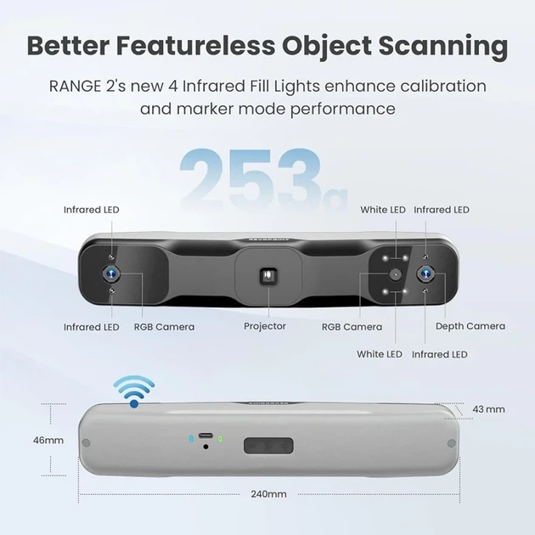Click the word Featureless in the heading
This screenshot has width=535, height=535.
pyautogui.click(x=195, y=45)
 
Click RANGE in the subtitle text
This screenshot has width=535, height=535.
pyautogui.click(x=75, y=86)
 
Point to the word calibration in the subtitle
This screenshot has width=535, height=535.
pyautogui.click(x=443, y=86)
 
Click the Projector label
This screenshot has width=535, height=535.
pyautogui.click(x=265, y=326)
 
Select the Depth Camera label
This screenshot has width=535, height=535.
pyautogui.click(x=470, y=326)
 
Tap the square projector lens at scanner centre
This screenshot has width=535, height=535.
pyautogui.click(x=268, y=276)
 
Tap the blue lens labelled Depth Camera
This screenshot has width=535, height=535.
pyautogui.click(x=425, y=273)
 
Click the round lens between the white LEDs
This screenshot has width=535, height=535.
pyautogui.click(x=396, y=273)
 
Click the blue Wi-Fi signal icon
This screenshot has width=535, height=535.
pyautogui.click(x=134, y=391)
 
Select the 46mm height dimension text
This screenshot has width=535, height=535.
pyautogui.click(x=48, y=440)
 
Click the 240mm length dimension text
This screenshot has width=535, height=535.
pyautogui.click(x=268, y=494)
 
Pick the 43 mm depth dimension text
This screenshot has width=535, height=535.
pyautogui.click(x=488, y=409)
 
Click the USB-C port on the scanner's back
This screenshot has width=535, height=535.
pyautogui.click(x=206, y=436)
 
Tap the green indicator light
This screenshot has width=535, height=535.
pyautogui.click(x=221, y=438)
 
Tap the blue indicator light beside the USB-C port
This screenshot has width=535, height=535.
pyautogui.click(x=191, y=438)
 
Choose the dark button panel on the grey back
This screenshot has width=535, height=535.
pyautogui.click(x=268, y=446)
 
